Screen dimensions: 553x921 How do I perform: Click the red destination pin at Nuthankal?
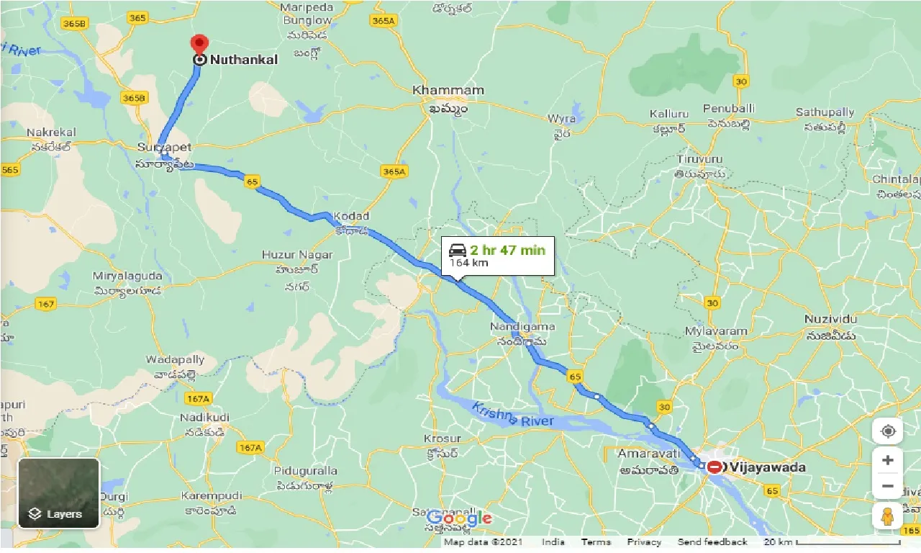[199, 45]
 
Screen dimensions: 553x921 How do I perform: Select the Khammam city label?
[448, 91]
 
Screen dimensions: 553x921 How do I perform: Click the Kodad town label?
[351, 216]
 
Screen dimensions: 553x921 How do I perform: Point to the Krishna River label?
[512, 415]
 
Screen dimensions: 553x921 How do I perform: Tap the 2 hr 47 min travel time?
[507, 251]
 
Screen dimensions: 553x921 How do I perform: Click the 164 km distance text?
[469, 263]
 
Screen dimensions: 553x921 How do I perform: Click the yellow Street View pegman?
[887, 516]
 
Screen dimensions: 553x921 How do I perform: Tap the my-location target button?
[888, 431]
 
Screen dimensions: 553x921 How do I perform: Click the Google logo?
[459, 518]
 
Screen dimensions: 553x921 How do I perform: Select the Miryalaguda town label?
[127, 276]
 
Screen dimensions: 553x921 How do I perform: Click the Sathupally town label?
[825, 112]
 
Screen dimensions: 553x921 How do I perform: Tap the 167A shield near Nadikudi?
[196, 398]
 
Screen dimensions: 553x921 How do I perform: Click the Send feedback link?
[712, 542]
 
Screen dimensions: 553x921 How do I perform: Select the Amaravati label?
[648, 454]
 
